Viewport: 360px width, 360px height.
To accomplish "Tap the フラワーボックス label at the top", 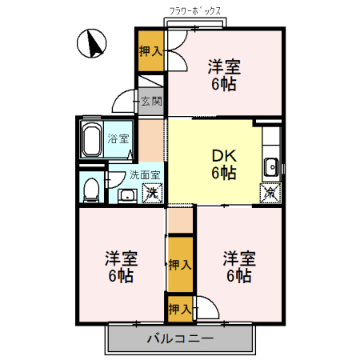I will [x=196, y=12].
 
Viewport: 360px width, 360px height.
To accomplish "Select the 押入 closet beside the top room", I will [x=150, y=52].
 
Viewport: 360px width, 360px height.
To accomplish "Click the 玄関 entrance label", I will [x=150, y=102].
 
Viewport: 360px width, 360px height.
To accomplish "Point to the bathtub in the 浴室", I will [x=91, y=142].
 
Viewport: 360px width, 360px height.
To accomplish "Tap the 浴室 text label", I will [x=118, y=137].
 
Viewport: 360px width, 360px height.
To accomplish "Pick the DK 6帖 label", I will [x=223, y=163].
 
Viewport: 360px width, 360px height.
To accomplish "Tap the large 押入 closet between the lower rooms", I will [x=180, y=265].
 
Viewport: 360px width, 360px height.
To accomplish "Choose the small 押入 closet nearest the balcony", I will [x=178, y=307].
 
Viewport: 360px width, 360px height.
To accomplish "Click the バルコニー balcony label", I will [x=180, y=339].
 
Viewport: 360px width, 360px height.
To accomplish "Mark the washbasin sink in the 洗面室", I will [x=126, y=194].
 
